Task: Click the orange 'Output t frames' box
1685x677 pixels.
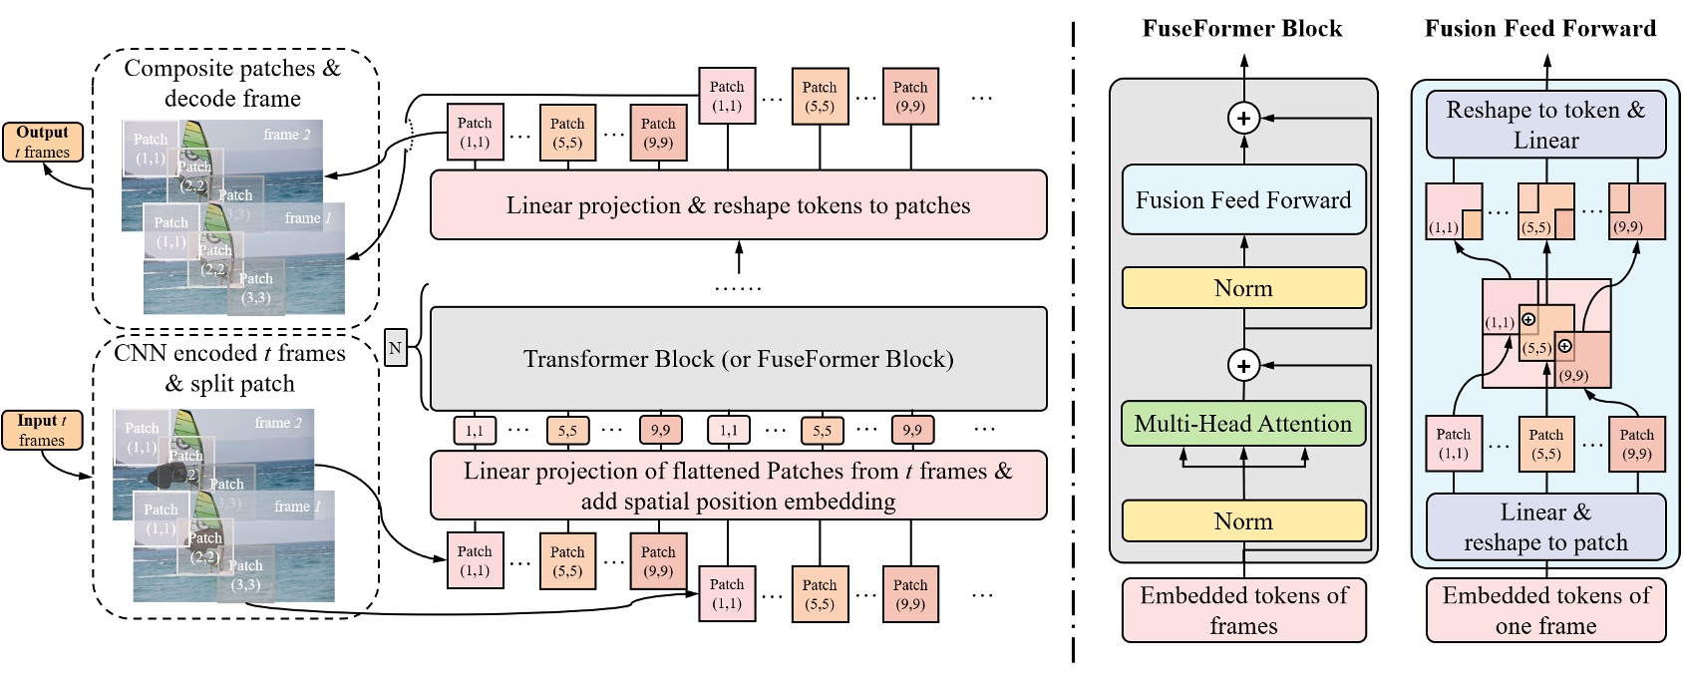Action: (43, 143)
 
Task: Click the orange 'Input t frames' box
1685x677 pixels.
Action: (42, 431)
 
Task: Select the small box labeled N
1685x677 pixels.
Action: (395, 348)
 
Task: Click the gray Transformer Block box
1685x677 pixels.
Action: (738, 359)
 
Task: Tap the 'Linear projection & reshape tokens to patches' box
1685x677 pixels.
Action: (738, 205)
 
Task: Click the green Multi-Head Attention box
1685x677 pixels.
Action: (1243, 424)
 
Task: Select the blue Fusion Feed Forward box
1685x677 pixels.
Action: (1243, 200)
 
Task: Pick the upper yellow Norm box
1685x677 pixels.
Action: (1243, 288)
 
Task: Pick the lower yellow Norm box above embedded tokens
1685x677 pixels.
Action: (1243, 521)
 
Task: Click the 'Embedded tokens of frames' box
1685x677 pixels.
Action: (1243, 610)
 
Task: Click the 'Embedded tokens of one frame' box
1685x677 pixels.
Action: (1545, 610)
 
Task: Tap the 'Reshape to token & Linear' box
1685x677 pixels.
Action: (1545, 125)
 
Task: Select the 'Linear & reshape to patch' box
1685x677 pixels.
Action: (1545, 527)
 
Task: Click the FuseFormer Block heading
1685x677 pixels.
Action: (1242, 29)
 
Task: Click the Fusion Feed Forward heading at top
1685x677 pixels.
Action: (1539, 29)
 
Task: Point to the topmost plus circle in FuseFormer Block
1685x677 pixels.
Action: (1243, 120)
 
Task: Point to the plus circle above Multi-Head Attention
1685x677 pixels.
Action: (1243, 366)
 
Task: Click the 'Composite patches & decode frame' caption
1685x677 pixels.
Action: (232, 84)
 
